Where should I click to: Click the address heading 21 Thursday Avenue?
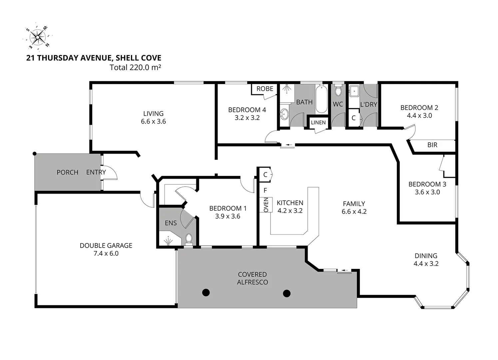(x=94, y=58)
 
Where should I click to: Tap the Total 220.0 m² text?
(x=135, y=67)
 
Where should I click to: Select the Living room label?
(x=153, y=113)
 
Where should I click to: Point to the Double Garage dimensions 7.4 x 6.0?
(x=106, y=253)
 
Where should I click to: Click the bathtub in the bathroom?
(x=321, y=99)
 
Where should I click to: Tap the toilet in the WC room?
(x=338, y=91)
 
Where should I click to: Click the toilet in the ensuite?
(x=189, y=238)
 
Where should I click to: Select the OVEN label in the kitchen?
(x=266, y=205)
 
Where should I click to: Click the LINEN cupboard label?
(x=318, y=122)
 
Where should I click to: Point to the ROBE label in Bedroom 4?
(x=265, y=89)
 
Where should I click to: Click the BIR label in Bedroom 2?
(x=432, y=145)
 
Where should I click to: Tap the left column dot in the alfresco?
(x=206, y=293)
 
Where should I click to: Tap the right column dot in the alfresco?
(x=286, y=293)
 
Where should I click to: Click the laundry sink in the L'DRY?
(x=353, y=91)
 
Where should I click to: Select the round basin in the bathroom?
(x=284, y=114)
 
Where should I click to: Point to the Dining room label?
(x=426, y=256)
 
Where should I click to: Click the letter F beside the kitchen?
(x=265, y=191)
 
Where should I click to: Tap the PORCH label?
(x=67, y=172)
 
